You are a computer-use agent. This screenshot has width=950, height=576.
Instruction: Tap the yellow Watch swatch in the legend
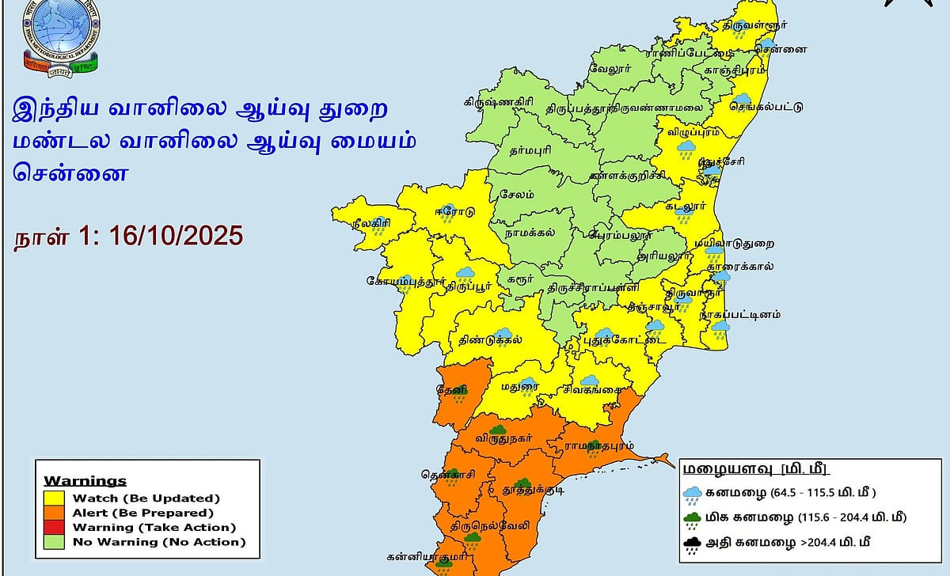coord(53,498)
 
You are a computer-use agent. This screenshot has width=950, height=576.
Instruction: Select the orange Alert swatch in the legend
coord(53,513)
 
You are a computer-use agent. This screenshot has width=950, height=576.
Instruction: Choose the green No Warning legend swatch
coord(53,542)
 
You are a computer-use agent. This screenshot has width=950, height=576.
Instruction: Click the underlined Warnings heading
coord(85,481)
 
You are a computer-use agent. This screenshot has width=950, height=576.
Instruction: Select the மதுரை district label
coord(519,387)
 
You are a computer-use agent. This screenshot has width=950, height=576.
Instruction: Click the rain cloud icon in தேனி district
coord(460,388)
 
